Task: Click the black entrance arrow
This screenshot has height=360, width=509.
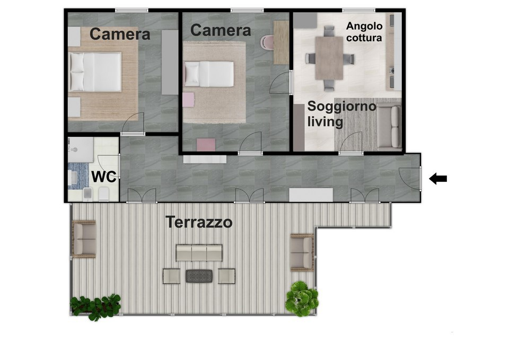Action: click(438, 179)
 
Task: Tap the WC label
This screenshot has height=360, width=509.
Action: click(104, 177)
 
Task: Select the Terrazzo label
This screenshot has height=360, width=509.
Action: click(199, 223)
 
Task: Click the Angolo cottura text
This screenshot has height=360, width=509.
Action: click(364, 32)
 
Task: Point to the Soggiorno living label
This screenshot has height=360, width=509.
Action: click(341, 114)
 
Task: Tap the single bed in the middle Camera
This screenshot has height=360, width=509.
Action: click(209, 74)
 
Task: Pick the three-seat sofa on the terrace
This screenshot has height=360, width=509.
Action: click(199, 253)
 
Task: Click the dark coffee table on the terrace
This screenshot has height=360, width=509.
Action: click(199, 276)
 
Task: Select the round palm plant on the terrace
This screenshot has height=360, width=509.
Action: click(302, 298)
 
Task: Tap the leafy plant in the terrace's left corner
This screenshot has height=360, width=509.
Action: click(95, 306)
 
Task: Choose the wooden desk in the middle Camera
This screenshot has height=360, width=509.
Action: click(281, 42)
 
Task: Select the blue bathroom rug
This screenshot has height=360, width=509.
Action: click(78, 175)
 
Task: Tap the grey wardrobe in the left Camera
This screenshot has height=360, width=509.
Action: click(170, 63)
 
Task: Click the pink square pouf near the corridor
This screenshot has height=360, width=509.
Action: click(206, 144)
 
